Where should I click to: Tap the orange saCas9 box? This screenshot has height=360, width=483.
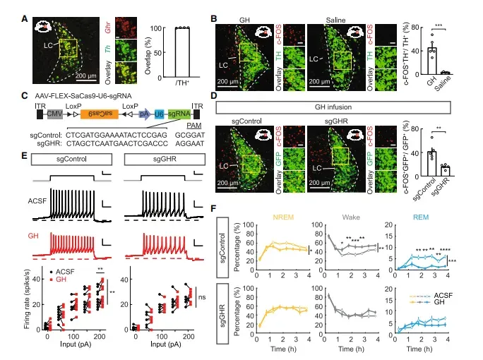(97, 112)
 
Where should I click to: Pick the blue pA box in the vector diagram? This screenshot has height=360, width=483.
(144, 112)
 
